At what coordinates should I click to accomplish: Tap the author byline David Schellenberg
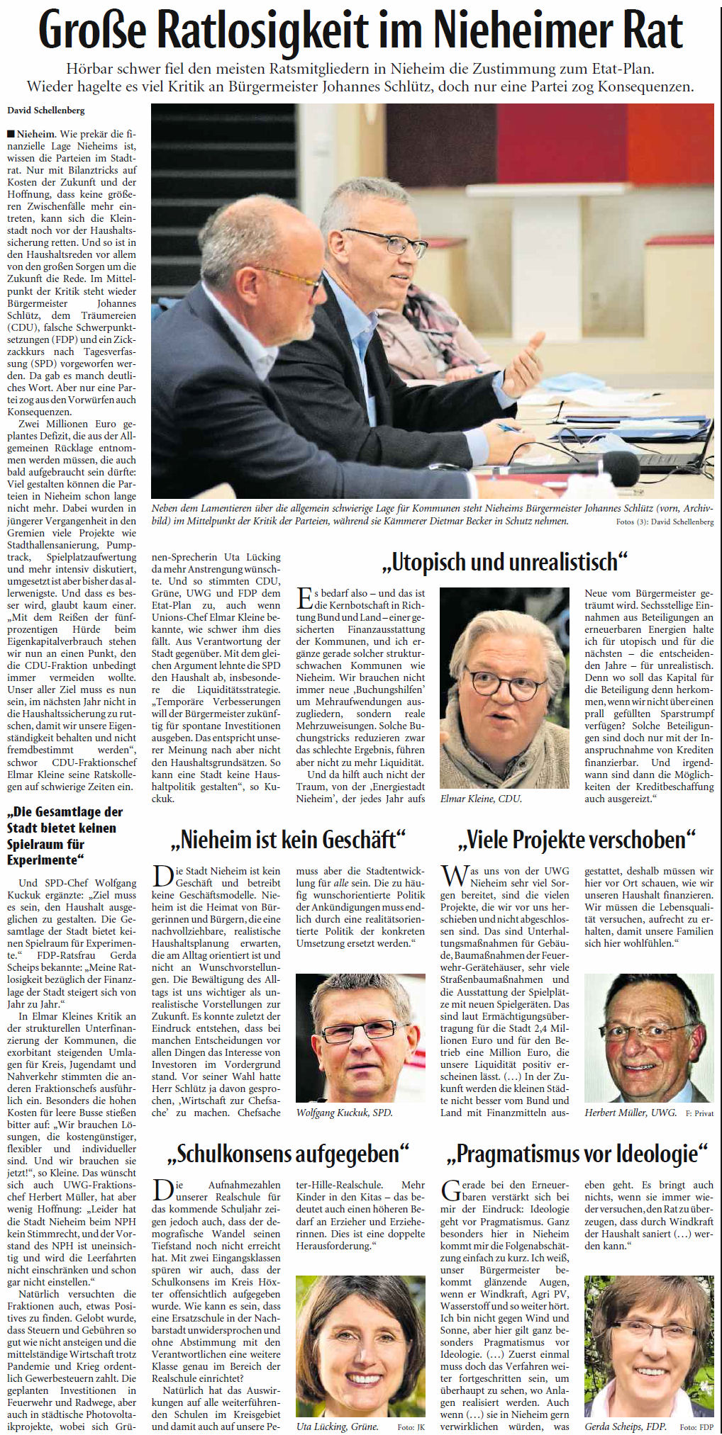[x=46, y=110]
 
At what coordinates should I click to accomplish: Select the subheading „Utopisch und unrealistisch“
[x=504, y=562]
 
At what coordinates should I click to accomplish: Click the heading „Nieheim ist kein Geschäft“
[x=288, y=840]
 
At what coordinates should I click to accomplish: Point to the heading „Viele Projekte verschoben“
[x=577, y=840]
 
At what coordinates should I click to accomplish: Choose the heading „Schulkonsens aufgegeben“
[x=288, y=1154]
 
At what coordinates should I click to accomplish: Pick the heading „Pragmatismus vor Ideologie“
[x=577, y=1154]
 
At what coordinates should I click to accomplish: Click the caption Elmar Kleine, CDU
[x=481, y=799]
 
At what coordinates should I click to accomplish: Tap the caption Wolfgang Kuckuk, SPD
[x=344, y=1113]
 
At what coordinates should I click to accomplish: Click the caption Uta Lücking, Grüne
[x=337, y=1426]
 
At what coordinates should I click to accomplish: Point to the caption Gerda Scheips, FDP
[x=625, y=1426]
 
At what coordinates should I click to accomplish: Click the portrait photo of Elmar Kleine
[x=504, y=687]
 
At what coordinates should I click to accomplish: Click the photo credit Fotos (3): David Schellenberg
[x=665, y=522]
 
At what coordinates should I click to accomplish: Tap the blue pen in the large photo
[x=509, y=427]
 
